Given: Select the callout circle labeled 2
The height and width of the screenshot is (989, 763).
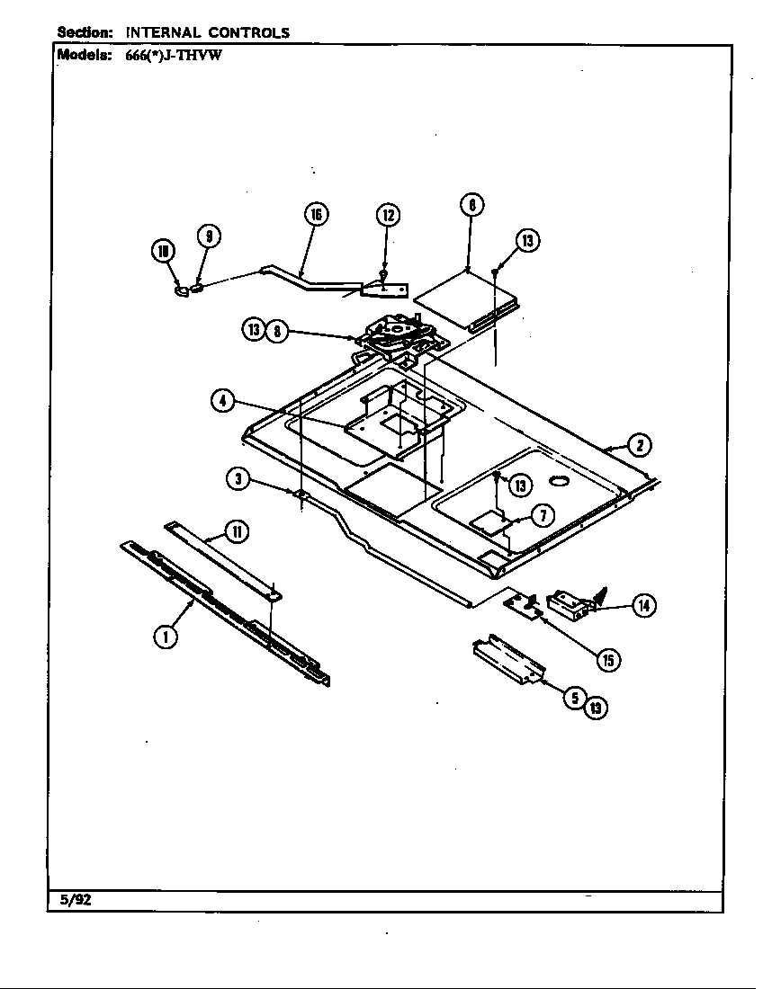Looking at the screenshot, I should [639, 444].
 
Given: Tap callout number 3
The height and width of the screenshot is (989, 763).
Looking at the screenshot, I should [238, 479].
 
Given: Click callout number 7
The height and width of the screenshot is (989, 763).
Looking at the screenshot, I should [543, 515].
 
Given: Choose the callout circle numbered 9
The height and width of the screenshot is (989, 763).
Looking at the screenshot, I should [208, 236].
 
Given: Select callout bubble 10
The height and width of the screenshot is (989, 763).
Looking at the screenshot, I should [163, 254].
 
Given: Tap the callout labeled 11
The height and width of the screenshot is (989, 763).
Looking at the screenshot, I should [236, 531].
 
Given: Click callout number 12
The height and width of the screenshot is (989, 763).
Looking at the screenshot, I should [387, 215].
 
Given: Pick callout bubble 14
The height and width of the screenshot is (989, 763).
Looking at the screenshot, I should [643, 605].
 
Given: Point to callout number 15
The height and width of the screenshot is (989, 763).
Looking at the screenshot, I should [608, 659].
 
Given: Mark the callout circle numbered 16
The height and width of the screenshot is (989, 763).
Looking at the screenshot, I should [314, 215].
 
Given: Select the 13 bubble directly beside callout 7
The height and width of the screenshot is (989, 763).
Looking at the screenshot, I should [519, 486].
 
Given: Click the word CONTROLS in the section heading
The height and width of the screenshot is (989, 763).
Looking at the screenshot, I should [252, 32].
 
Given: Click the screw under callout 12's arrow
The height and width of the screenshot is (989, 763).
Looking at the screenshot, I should [384, 275].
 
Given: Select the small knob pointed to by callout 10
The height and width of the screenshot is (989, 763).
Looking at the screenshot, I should [182, 290].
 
